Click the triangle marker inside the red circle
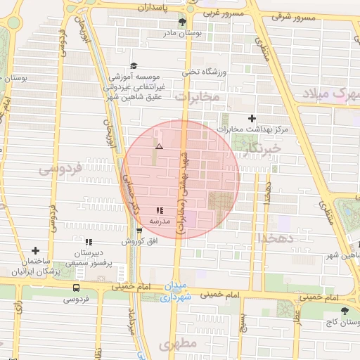[x=160, y=147]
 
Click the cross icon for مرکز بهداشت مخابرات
[x=252, y=119]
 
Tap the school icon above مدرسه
[x=160, y=210]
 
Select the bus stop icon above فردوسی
[x=76, y=288]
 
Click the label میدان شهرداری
[x=176, y=292]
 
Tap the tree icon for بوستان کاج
[x=344, y=310]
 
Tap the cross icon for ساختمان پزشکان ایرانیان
[x=36, y=250]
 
